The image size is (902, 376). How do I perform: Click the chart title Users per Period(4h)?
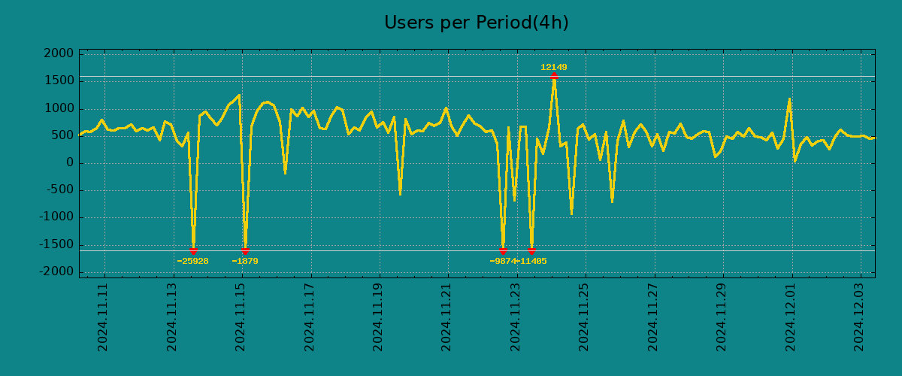click(x=476, y=23)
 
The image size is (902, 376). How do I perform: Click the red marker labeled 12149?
click(x=554, y=77)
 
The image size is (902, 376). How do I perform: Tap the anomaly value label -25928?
click(x=192, y=262)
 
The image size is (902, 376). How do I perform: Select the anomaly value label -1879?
click(x=245, y=262)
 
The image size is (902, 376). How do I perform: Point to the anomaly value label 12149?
click(x=554, y=68)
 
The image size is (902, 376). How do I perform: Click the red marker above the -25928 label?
click(x=193, y=250)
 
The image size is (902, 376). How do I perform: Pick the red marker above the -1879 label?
click(x=245, y=250)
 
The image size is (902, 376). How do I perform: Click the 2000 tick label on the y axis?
click(x=59, y=54)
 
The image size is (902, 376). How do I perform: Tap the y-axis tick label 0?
click(x=69, y=163)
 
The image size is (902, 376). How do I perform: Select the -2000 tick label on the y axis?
click(x=57, y=271)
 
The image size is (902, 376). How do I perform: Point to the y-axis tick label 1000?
click(x=59, y=108)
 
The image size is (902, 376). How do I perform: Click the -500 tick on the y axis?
click(x=61, y=190)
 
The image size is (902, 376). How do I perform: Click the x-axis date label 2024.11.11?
click(x=104, y=317)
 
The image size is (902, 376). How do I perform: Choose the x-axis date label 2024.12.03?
click(x=860, y=317)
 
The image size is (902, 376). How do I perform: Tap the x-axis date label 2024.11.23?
click(x=516, y=317)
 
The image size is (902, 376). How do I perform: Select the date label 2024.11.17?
click(x=310, y=317)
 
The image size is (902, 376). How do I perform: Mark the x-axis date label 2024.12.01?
click(x=792, y=317)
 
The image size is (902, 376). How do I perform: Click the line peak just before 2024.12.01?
click(x=789, y=99)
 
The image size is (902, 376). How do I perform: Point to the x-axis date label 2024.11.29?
click(x=722, y=317)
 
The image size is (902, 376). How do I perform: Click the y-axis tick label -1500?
click(x=57, y=244)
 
